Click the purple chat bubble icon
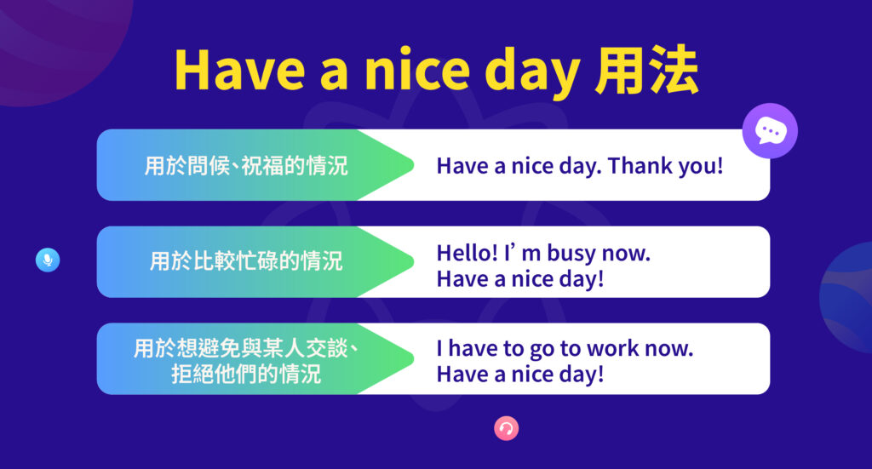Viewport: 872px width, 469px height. pyautogui.click(x=770, y=132)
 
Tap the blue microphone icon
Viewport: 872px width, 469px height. pyautogui.click(x=48, y=260)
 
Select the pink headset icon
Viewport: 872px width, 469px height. pyautogui.click(x=506, y=428)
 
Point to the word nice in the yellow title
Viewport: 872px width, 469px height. pyautogui.click(x=408, y=72)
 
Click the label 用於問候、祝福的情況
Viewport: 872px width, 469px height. pyautogui.click(x=246, y=165)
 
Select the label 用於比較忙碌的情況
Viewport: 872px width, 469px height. pyautogui.click(x=246, y=261)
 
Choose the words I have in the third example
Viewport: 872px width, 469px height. pyautogui.click(x=466, y=349)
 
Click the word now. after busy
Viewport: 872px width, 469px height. pyautogui.click(x=627, y=254)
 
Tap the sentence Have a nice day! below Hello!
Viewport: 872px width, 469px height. pyautogui.click(x=519, y=279)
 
